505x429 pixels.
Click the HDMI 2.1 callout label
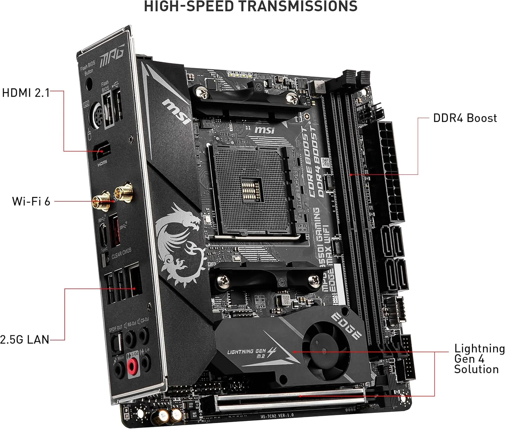[26, 93]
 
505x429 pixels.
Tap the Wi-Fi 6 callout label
[31, 201]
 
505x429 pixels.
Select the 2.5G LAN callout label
[25, 339]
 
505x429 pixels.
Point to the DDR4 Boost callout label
[465, 118]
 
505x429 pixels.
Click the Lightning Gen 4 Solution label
[479, 359]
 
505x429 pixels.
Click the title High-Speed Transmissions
[250, 6]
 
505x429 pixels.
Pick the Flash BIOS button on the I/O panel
[89, 84]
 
